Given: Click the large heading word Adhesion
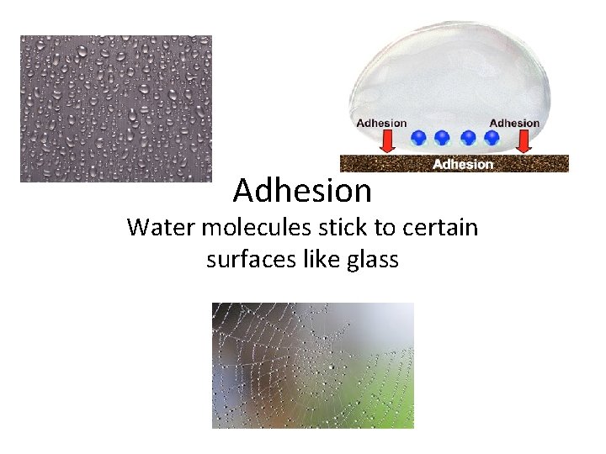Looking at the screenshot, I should point(302,191).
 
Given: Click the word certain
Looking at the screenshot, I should point(444,227).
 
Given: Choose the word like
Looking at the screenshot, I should point(324,260).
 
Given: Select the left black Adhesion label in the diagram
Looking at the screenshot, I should point(381,123).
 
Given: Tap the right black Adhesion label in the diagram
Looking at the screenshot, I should point(514,123).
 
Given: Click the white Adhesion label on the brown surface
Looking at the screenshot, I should point(463,164).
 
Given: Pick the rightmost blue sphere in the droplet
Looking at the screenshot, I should point(492,136).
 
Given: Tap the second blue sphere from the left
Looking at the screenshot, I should point(442,136).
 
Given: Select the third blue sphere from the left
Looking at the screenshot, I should point(469,136).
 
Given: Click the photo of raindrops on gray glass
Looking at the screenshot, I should point(116,108).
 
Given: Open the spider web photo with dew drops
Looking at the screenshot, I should point(312,365).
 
